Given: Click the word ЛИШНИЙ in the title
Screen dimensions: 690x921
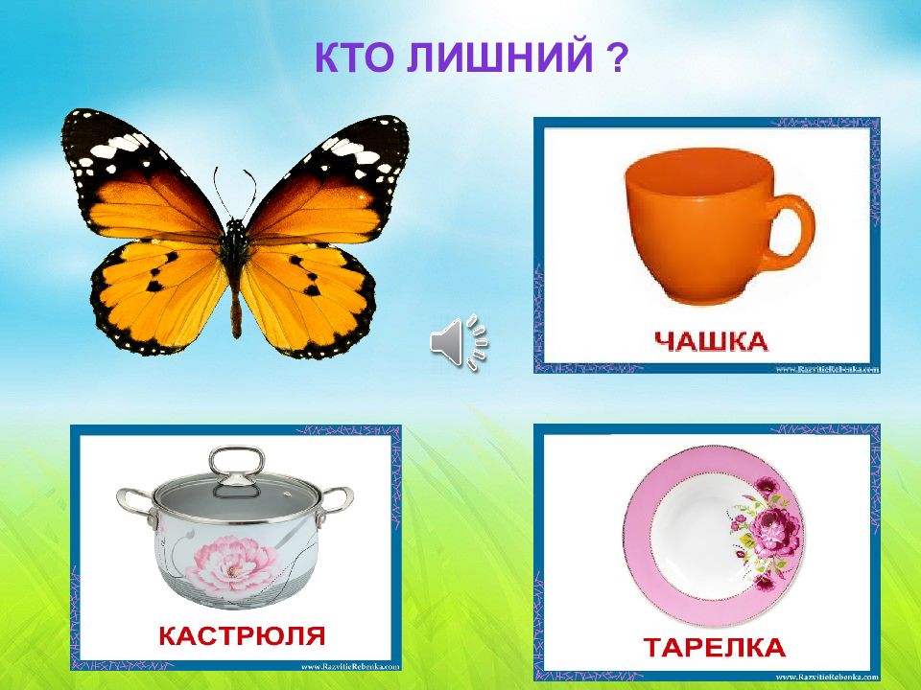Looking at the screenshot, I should [x=499, y=60].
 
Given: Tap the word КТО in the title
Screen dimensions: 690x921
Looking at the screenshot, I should [x=355, y=60].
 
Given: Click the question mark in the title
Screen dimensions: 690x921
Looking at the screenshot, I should [x=618, y=60].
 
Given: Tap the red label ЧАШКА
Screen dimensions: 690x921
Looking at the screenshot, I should [x=711, y=339].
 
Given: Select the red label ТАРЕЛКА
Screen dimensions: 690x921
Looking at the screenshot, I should [x=715, y=647].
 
